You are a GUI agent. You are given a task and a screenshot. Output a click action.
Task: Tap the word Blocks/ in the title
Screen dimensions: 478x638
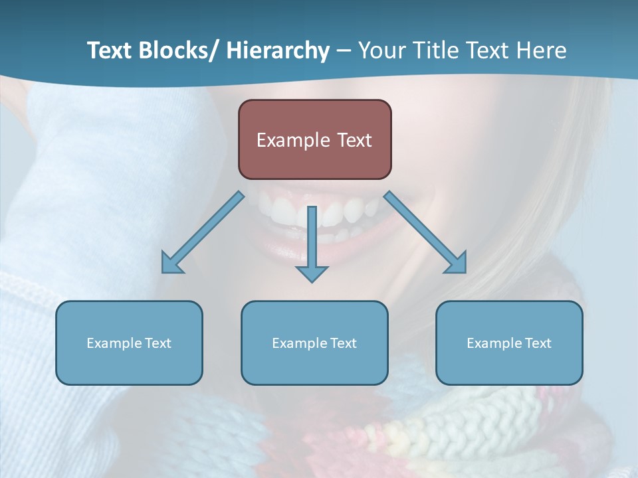(x=177, y=50)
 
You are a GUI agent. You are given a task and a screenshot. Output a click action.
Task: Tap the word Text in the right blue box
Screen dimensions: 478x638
(x=537, y=343)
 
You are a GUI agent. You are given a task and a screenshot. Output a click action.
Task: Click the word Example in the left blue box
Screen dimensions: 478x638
(x=114, y=343)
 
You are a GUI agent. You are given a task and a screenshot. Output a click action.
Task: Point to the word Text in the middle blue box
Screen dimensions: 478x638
(x=342, y=343)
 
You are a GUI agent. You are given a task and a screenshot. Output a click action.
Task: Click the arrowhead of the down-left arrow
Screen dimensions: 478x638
(x=171, y=264)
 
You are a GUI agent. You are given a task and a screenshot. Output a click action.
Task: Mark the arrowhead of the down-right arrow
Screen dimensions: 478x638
(x=457, y=264)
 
